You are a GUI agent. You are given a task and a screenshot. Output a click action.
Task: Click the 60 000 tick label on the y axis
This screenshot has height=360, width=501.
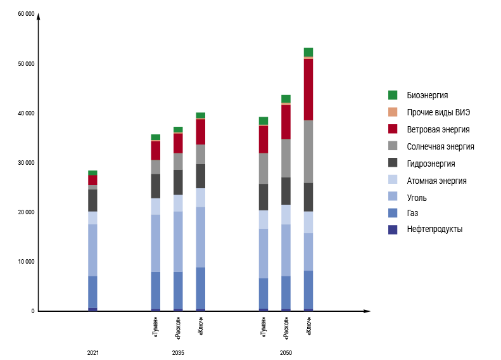pyautogui.click(x=26, y=14)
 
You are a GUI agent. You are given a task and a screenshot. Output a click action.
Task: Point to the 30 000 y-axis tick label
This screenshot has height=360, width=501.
pyautogui.click(x=26, y=163)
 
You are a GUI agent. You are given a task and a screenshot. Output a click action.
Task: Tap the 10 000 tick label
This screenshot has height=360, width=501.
pyautogui.click(x=26, y=262)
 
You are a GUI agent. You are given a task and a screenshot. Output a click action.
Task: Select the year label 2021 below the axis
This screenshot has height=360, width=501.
pyautogui.click(x=93, y=352)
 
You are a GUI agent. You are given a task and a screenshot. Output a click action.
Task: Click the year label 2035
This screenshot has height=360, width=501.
pyautogui.click(x=178, y=352)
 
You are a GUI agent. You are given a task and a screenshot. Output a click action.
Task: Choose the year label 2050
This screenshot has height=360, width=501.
pyautogui.click(x=286, y=352)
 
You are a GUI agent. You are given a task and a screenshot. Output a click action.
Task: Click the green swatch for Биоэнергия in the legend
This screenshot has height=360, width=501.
pyautogui.click(x=393, y=95)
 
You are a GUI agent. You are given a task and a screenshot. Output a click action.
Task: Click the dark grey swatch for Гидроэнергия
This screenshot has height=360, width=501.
pyautogui.click(x=393, y=163)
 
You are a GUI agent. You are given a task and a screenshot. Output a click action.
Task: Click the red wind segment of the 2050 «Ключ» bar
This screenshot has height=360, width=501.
pyautogui.click(x=308, y=89)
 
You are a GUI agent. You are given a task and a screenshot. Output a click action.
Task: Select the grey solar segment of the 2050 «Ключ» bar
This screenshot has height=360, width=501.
pyautogui.click(x=308, y=151)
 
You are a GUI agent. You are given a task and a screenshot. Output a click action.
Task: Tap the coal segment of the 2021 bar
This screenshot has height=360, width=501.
pyautogui.click(x=92, y=250)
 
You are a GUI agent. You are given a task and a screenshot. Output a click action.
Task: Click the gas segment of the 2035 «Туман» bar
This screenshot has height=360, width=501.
pyautogui.click(x=155, y=290)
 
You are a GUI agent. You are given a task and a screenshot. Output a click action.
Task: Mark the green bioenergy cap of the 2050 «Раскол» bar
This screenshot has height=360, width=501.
pyautogui.click(x=286, y=98)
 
